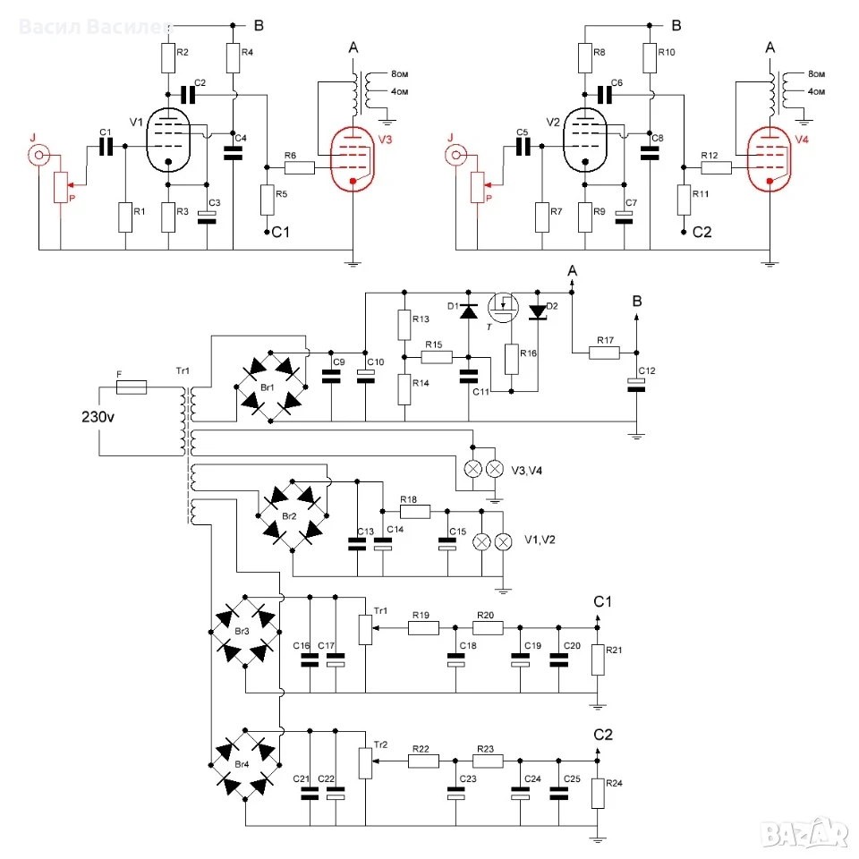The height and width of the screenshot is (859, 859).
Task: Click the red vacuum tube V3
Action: click(353, 159)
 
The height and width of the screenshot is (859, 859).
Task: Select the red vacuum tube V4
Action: click(770, 159)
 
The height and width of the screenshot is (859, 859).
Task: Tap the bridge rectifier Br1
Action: click(270, 387)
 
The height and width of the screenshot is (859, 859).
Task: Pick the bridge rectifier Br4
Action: click(245, 765)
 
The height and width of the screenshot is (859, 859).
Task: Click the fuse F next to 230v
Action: click(132, 387)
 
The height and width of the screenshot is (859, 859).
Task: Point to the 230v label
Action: click(98, 417)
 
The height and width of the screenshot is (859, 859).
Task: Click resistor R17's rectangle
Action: click(604, 353)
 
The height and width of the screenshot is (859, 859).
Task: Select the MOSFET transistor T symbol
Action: click(503, 308)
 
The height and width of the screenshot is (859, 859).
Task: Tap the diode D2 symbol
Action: click(538, 311)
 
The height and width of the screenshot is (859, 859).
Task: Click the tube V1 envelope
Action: click(168, 140)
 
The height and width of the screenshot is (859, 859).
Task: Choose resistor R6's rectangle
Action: click(300, 167)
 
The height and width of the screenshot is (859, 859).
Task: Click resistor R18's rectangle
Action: click(414, 512)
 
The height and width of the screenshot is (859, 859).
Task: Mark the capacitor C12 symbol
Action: click(636, 385)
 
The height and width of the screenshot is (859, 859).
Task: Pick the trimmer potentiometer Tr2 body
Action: click(365, 763)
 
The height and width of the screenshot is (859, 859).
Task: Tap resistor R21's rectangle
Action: click(598, 659)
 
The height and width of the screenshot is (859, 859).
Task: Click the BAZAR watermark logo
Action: click(805, 834)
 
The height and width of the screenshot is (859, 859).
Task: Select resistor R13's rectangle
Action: click(404, 325)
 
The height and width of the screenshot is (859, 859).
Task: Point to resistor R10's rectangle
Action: click(650, 58)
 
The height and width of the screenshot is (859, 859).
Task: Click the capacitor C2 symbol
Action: click(187, 95)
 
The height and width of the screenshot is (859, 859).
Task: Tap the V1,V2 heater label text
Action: click(540, 540)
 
